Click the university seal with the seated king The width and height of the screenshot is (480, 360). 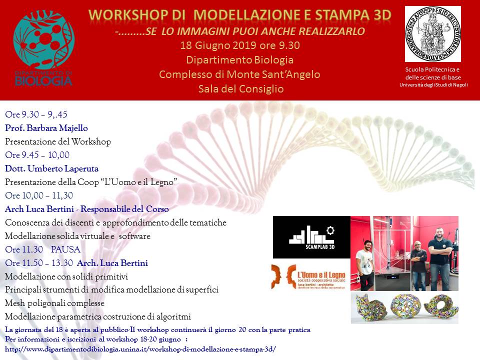point(433,34)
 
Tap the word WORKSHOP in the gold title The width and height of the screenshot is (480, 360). point(128,15)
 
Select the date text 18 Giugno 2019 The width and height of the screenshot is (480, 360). point(218,45)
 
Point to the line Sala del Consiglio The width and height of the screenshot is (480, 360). point(241,89)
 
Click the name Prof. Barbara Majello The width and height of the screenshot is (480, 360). point(46,128)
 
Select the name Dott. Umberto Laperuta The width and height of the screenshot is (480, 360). point(51,168)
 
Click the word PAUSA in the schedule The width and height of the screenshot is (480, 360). point(66,249)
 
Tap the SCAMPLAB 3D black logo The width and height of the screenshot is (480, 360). point(311,237)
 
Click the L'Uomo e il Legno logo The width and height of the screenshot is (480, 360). point(308,276)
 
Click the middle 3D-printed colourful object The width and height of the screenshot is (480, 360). point(404,306)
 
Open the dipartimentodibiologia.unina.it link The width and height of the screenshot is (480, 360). point(140,349)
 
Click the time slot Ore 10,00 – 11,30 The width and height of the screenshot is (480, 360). point(39,195)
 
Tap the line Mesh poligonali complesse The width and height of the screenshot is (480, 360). point(54,303)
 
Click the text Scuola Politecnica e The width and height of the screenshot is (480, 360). point(432,69)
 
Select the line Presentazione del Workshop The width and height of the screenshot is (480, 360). point(58,141)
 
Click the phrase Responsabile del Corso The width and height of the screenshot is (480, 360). point(124,209)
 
